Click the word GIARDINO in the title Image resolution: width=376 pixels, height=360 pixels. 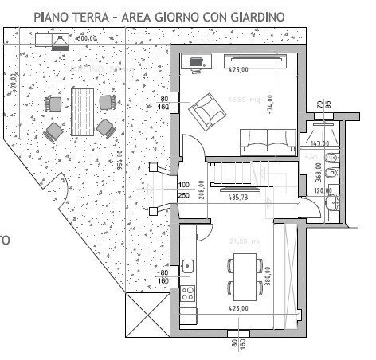pyautogui.click(x=256, y=16)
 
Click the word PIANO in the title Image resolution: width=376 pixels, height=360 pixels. pyautogui.click(x=53, y=16)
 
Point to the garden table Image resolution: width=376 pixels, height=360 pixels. pyautogui.click(x=82, y=110)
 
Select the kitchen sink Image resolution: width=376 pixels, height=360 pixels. pyautogui.click(x=188, y=265)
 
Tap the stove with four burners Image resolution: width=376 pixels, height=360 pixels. pyautogui.click(x=188, y=293)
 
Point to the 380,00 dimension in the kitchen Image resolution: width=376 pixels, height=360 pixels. pyautogui.click(x=268, y=276)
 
